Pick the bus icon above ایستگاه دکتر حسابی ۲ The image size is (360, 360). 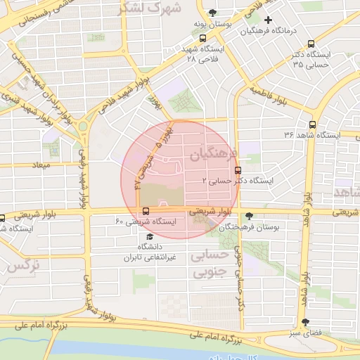click(x=238, y=169)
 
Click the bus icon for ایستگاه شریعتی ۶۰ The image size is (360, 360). click(x=146, y=211)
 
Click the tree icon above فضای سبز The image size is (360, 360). click(x=304, y=323)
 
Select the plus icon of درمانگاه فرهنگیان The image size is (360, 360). click(x=267, y=20)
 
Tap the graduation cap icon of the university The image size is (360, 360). click(x=149, y=236)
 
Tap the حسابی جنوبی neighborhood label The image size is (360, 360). click(x=212, y=263)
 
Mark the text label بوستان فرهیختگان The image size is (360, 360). click(x=249, y=228)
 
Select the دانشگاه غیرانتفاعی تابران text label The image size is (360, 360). click(x=148, y=252)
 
